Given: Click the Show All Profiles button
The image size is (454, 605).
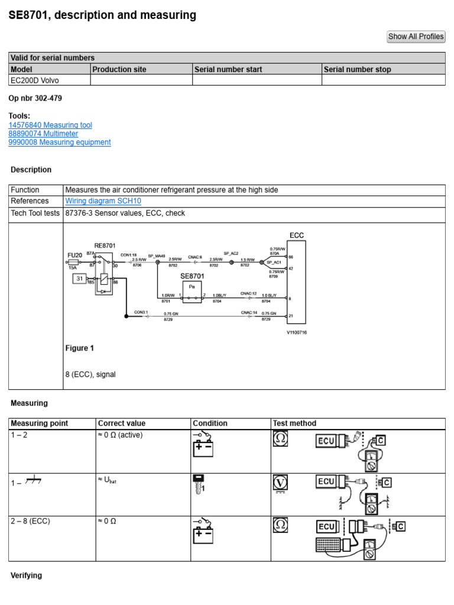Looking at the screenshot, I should click(416, 37).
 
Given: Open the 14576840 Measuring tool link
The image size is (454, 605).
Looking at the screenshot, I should click(50, 125).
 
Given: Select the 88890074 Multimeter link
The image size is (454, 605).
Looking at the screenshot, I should click(43, 134).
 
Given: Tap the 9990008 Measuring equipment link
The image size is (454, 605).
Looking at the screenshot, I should click(59, 142).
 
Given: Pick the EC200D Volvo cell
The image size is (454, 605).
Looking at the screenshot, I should click(35, 80).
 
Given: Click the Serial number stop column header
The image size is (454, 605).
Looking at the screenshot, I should click(357, 69).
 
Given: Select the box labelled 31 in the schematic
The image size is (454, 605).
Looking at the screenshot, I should click(79, 278).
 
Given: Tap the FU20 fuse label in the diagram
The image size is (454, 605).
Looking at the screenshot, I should click(74, 255).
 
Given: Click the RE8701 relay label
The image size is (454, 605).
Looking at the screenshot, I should click(105, 245).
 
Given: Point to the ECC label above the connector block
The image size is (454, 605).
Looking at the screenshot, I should click(296, 235).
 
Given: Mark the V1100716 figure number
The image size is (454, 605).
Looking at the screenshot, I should click(296, 333).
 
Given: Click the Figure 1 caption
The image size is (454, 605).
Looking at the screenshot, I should click(79, 349).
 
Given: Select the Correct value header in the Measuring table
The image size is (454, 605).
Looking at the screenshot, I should click(122, 423).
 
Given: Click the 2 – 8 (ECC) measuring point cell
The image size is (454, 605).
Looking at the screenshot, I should click(31, 521).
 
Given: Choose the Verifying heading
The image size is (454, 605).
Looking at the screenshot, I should click(27, 575).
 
